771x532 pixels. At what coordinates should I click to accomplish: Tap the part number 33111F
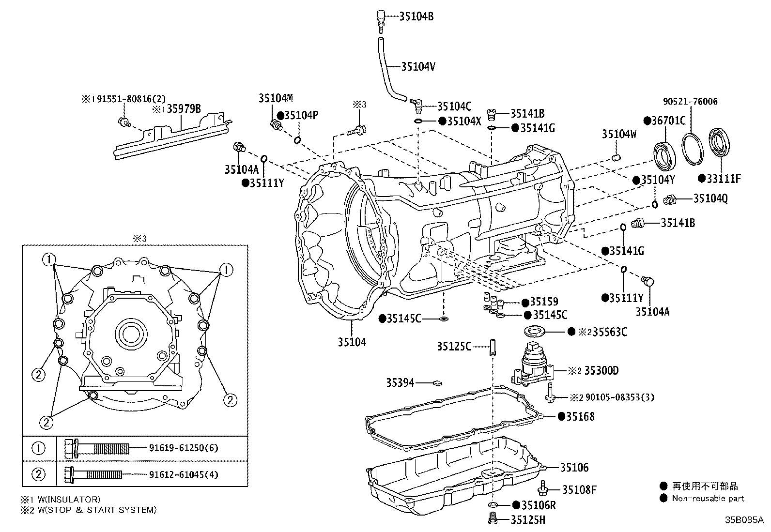[724, 179]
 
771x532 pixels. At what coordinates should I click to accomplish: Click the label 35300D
[601, 371]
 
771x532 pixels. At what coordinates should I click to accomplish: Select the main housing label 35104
[352, 342]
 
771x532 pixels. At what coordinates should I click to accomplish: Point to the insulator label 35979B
[184, 109]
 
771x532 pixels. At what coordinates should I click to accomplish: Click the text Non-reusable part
[708, 499]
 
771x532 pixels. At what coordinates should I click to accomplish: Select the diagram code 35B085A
[743, 520]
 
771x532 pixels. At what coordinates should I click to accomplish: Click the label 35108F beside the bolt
[579, 489]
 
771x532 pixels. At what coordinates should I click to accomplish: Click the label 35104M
[276, 98]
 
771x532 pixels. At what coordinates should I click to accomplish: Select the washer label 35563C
[609, 332]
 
